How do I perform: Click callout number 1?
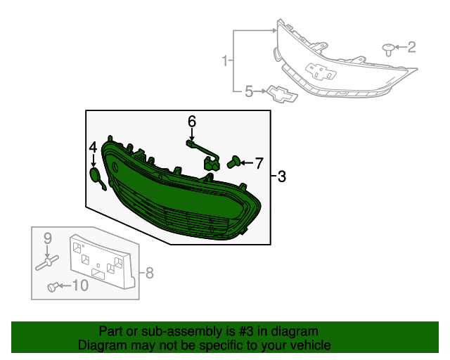coord(225,61)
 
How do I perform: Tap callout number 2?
coord(411,47)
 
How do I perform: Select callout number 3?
coord(281,176)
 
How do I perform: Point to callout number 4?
coord(93,147)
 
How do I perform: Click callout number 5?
coord(247,91)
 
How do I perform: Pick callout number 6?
coord(191,122)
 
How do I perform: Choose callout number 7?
coord(258,164)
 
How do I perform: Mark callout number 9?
coord(49,238)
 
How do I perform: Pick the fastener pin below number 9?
coord(48,262)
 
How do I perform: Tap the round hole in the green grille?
coord(114,167)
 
